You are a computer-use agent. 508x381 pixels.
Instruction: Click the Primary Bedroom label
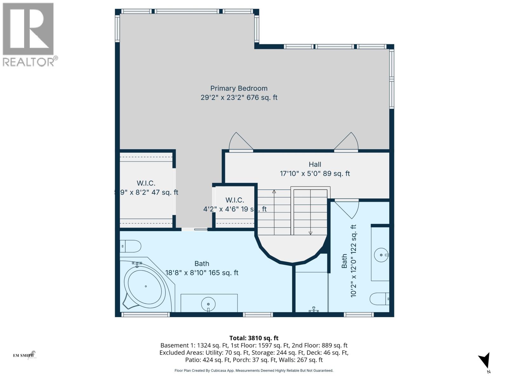tap(239, 89)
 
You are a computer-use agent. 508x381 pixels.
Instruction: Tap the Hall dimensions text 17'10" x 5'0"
tap(314, 174)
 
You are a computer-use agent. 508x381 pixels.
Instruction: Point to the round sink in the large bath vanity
tap(208, 304)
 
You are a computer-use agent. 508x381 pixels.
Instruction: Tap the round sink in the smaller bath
tap(381, 255)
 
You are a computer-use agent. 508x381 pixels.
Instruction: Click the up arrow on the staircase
tap(274, 192)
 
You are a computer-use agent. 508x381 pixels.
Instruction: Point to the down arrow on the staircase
tap(310, 233)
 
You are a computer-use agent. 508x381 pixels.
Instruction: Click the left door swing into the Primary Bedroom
tap(240, 142)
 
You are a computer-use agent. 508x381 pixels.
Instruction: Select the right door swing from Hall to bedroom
tap(347, 142)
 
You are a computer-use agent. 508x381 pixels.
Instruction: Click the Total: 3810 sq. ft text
tap(254, 338)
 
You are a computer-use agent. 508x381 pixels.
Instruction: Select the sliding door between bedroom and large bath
tap(194, 229)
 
